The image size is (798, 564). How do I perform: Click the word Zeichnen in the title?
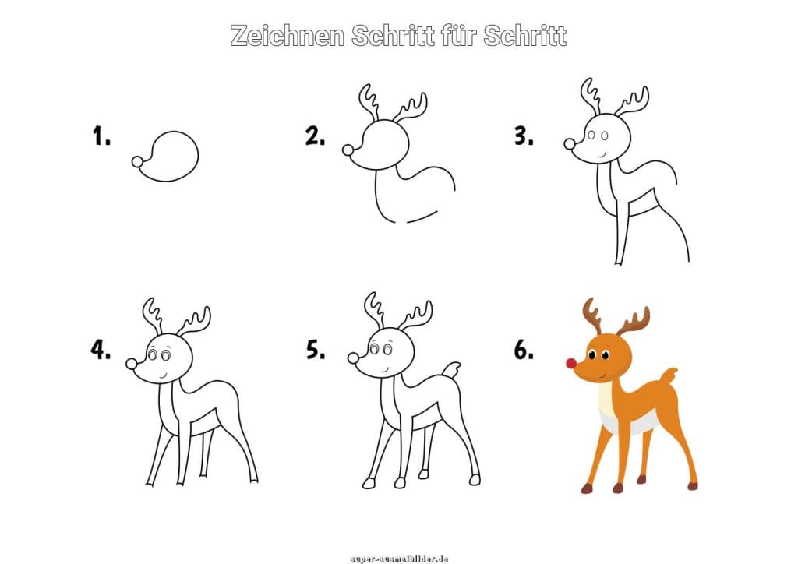288,36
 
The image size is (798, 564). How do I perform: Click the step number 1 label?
101,136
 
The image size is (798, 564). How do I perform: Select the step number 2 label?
315,136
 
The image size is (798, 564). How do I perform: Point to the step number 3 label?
524,136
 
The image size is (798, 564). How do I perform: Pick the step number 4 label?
101,350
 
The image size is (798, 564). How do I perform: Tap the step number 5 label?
316,350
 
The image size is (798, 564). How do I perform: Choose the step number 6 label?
524,350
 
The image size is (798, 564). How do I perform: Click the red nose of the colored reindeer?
571,363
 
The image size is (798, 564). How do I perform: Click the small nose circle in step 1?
137,162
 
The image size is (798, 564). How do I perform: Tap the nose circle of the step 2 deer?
348,150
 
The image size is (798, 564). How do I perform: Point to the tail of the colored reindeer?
668,376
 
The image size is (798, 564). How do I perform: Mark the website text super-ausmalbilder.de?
399,559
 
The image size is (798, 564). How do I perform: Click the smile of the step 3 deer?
602,153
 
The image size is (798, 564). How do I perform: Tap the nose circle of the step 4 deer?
131,364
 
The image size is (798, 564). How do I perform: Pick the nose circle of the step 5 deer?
353,358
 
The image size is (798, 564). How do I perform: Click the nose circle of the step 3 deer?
570,144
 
